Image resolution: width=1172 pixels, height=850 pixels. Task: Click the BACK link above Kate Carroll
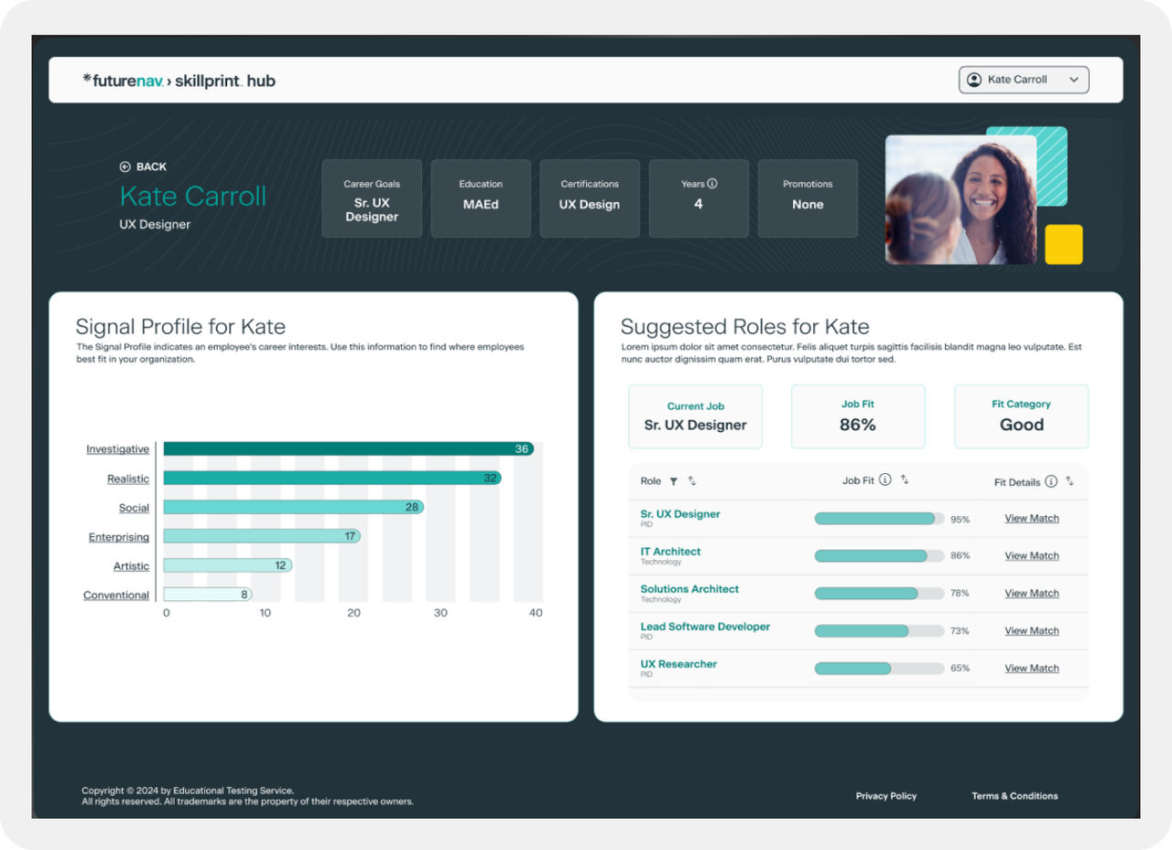[x=143, y=167]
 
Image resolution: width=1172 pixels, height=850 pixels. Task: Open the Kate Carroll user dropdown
[x=1024, y=80]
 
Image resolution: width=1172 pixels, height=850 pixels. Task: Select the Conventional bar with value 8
[x=207, y=595]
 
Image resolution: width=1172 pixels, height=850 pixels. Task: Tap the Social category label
[x=134, y=508]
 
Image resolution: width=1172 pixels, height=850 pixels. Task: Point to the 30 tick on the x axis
[x=440, y=613]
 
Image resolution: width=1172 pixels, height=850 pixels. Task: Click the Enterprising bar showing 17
[x=261, y=536]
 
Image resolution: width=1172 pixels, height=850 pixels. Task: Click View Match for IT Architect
[x=1031, y=555]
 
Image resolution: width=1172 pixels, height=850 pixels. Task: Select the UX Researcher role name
[x=678, y=664]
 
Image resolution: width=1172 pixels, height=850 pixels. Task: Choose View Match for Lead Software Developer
[x=1031, y=630]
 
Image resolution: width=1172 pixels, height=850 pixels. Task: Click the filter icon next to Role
[x=674, y=481]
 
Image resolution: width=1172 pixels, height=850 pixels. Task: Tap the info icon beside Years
[x=712, y=183]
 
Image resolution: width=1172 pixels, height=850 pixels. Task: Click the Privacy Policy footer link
[x=885, y=796]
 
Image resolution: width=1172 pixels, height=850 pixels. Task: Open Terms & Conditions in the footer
[x=1015, y=796]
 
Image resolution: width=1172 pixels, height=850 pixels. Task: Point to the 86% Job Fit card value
[x=857, y=425]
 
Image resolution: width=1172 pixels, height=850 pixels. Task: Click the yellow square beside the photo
[x=1064, y=244]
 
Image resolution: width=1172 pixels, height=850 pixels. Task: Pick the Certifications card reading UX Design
[x=590, y=199]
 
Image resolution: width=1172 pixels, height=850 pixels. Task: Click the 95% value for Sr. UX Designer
[x=960, y=519]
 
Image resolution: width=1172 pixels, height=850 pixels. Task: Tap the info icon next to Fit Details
[x=1051, y=481]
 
